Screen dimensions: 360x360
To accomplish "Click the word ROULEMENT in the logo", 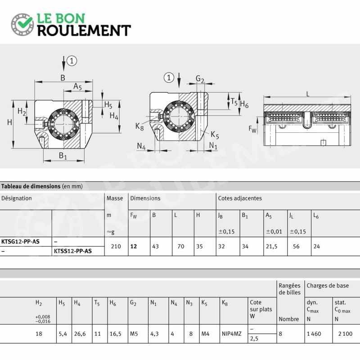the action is coord(84,31).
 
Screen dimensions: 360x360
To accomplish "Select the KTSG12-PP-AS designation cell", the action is coord(20,242).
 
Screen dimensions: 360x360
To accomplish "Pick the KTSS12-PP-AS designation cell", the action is coord(73,251).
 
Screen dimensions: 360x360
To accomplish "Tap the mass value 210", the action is coord(116,246).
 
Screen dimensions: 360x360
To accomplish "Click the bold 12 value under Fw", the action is coord(134,246).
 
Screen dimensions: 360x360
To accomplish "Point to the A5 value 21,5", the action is coord(272,247).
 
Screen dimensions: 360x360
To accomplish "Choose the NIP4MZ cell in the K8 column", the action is coord(232,334).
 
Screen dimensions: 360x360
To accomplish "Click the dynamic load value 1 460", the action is coord(314,334).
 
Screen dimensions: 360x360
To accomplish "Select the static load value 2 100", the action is coord(345,334).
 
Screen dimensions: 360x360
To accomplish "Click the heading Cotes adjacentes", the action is coord(240,198).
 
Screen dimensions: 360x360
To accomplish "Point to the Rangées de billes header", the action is coord(290,289).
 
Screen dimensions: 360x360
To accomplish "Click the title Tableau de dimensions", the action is coord(31,186).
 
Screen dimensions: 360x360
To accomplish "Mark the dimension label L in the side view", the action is coord(308,94).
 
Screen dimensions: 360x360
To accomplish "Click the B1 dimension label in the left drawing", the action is coord(63,156).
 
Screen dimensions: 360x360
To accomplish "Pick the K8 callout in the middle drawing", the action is coord(139,126).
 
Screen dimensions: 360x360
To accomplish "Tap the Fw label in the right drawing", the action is coord(252,129).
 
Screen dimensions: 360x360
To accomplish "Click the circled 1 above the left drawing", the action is coord(72,61).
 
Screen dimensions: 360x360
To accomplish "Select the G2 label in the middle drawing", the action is coord(200,79).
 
